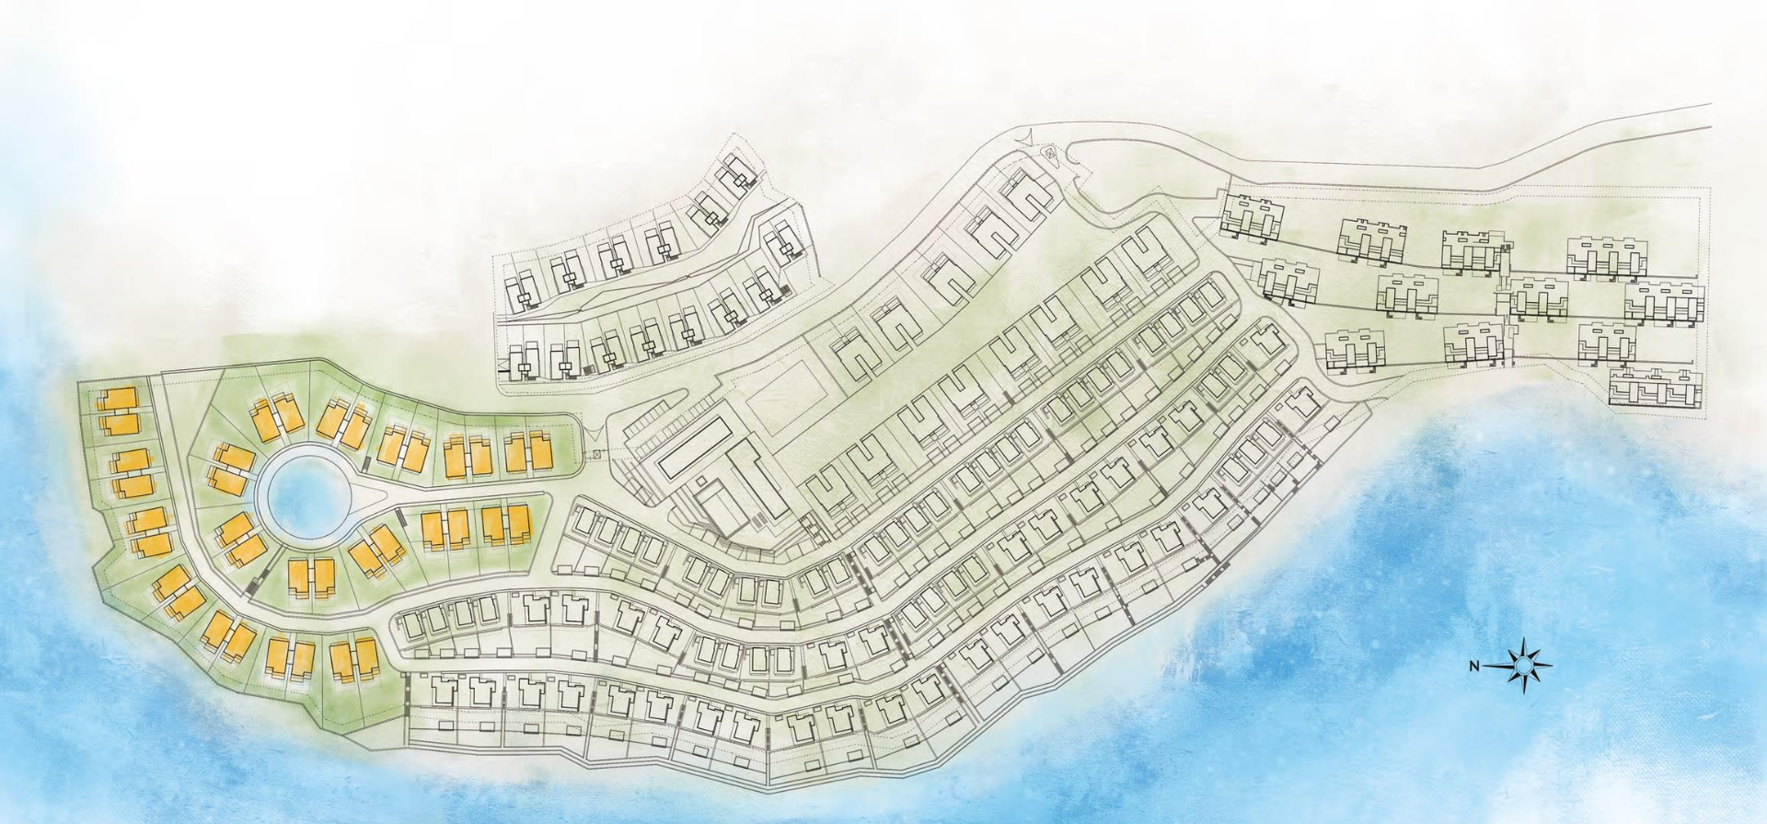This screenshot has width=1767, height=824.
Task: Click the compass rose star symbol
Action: (1525, 663)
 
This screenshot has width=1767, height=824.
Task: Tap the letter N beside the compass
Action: (1473, 666)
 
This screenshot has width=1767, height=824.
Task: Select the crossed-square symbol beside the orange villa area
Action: (596, 454)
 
